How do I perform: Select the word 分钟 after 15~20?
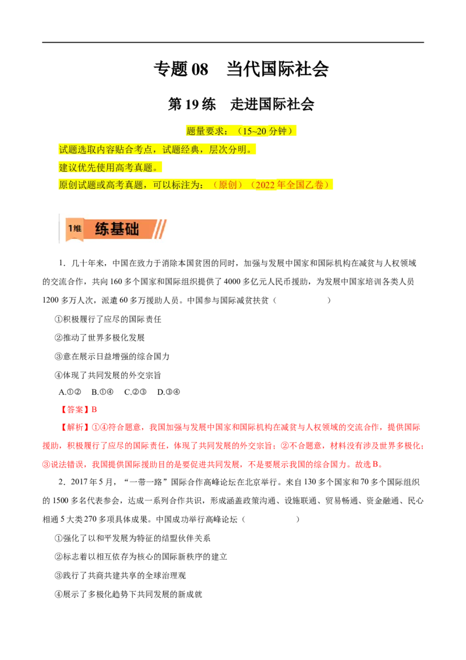[x=278, y=131]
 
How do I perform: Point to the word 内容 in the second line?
[x=105, y=149]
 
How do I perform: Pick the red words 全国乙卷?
[x=305, y=185]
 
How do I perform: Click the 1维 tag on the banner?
[x=74, y=229]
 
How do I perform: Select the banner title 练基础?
[x=117, y=229]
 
